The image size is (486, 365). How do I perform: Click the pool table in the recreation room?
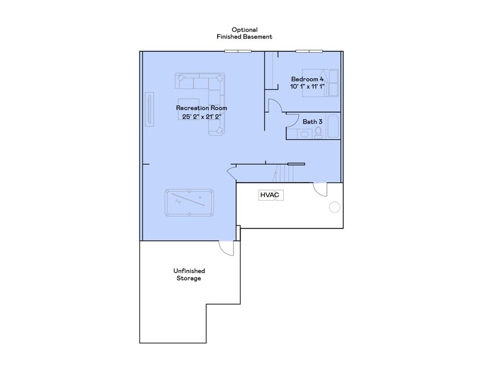tap(189, 203)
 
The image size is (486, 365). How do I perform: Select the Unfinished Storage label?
tap(189, 275)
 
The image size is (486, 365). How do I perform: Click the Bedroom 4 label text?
tap(307, 79)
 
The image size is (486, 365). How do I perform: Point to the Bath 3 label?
tap(312, 122)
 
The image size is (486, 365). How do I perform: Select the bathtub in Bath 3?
tap(333, 126)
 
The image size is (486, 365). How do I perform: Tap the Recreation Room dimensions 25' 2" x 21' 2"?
tap(202, 116)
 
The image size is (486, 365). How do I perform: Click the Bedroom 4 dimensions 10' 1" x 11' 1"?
tap(307, 86)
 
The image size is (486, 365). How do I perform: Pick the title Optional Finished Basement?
tap(244, 33)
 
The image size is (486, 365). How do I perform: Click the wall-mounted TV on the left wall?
tap(150, 109)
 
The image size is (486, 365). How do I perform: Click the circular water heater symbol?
tap(334, 207)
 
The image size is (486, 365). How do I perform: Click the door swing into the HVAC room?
tap(320, 189)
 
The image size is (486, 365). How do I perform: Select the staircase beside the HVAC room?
tap(285, 173)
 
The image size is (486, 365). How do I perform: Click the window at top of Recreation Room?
tap(238, 51)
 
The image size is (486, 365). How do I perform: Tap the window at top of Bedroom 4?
tap(309, 51)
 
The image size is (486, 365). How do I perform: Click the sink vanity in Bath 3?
tap(304, 134)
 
